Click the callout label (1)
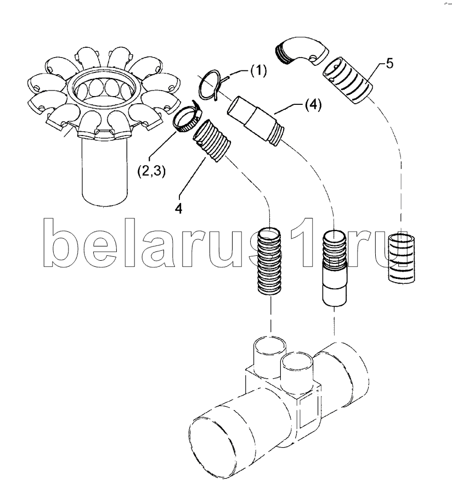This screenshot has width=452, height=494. click(258, 71)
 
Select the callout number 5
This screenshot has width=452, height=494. click(389, 64)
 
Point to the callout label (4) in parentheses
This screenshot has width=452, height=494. click(313, 105)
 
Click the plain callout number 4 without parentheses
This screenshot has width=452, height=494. click(178, 209)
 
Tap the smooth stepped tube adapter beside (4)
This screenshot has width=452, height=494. click(256, 121)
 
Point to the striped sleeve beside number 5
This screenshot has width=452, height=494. click(346, 80)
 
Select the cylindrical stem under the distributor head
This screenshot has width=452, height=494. click(105, 172)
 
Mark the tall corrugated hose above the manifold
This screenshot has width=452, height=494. click(269, 261)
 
